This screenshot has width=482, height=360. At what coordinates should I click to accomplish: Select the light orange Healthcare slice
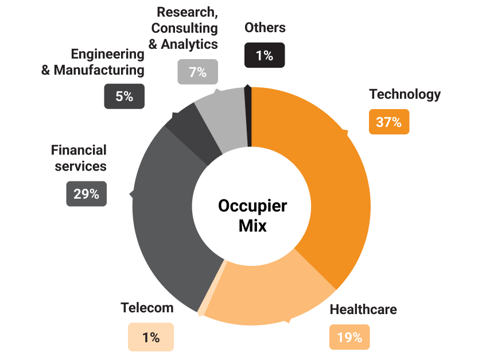(270, 299)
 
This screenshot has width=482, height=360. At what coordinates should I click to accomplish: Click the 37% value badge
(389, 122)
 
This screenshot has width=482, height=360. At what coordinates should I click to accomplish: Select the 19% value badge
(349, 338)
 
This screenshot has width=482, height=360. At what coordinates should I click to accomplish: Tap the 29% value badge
(86, 194)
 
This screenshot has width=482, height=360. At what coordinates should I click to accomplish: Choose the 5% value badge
(124, 96)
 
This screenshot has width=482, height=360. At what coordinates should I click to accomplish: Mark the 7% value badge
(197, 72)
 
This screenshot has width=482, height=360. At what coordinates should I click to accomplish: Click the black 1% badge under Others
(265, 56)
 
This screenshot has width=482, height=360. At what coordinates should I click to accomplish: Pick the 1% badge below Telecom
(150, 338)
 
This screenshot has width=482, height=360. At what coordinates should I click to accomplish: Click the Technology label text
(405, 94)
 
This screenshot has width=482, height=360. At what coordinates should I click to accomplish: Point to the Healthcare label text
(363, 309)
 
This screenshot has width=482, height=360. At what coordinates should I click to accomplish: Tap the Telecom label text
(147, 308)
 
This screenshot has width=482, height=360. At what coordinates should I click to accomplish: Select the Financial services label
(79, 158)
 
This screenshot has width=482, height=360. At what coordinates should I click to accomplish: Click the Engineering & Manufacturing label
(93, 62)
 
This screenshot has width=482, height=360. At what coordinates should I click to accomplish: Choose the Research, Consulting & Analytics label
(184, 28)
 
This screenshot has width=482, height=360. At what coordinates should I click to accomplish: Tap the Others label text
(265, 28)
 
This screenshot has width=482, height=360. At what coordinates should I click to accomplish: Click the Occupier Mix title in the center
(252, 215)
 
